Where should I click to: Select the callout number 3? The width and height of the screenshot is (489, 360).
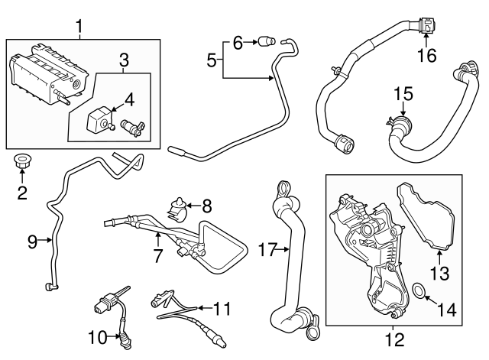pyautogui.click(x=124, y=59)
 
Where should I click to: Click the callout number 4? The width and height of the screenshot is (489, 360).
pyautogui.click(x=130, y=99)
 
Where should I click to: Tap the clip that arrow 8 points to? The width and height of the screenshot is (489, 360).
pyautogui.click(x=179, y=204)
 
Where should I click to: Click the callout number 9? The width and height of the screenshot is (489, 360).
pyautogui.click(x=32, y=242)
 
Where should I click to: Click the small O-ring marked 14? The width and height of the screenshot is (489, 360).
pyautogui.click(x=418, y=290)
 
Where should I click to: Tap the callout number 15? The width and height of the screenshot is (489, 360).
pyautogui.click(x=403, y=94)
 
